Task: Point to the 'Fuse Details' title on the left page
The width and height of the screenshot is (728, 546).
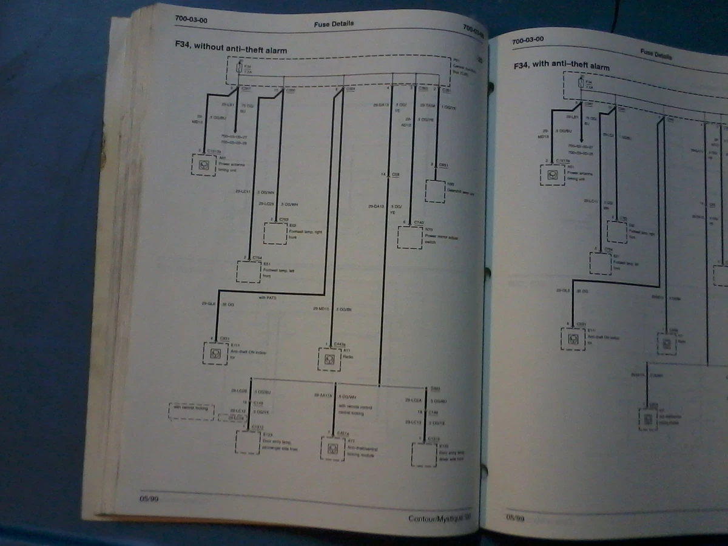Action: point(334,24)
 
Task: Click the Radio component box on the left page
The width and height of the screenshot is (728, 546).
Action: point(330,359)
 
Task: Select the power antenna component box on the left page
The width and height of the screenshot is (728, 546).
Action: point(204,164)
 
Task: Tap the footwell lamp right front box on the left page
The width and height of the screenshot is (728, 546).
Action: point(275,234)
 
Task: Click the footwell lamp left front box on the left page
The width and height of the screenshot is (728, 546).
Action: point(249,271)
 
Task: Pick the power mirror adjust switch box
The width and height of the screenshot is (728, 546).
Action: point(409,237)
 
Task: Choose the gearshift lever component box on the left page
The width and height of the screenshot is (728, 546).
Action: point(436,190)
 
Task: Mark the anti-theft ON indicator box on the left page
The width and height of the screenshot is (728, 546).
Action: point(214,352)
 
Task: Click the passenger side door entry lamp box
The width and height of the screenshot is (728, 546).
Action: point(248,442)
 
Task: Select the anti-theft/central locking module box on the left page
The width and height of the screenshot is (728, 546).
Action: point(332,448)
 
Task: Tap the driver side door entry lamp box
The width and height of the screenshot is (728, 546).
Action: point(424,454)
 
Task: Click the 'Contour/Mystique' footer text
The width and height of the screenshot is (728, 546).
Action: point(439,519)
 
